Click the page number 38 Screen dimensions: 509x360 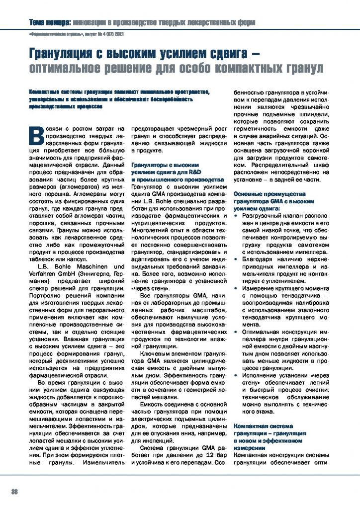[x=15, y=492]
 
